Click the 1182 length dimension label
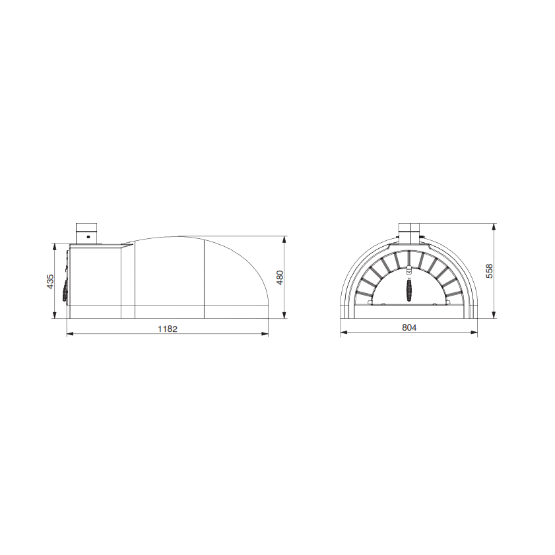point(168,329)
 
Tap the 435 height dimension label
point(50,281)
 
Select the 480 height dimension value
point(280,278)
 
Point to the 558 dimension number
point(489,271)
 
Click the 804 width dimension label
point(409,327)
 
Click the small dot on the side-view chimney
point(88,236)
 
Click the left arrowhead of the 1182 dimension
point(70,334)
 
